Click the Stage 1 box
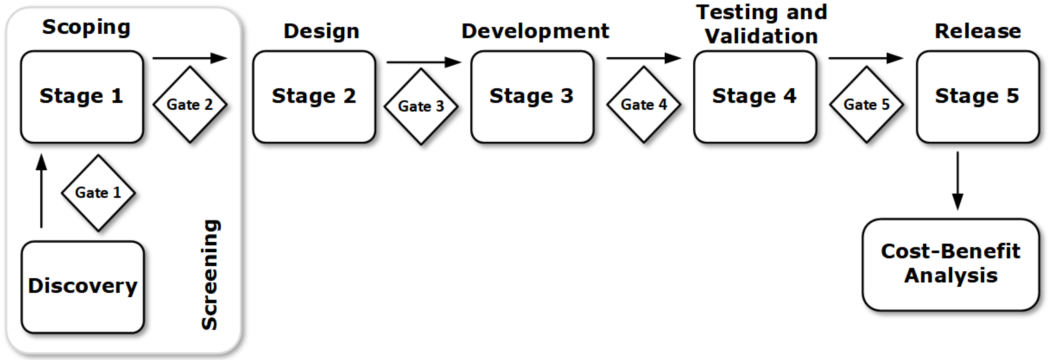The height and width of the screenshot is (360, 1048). click(82, 97)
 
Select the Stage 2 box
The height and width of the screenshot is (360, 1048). click(314, 97)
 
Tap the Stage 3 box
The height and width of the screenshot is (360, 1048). click(532, 97)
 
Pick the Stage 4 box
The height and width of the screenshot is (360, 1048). click(755, 97)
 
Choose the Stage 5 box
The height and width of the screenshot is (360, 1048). click(977, 97)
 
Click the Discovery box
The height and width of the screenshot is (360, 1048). click(83, 287)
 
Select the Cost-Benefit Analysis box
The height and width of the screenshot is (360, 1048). click(950, 264)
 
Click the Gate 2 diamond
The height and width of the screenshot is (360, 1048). click(190, 105)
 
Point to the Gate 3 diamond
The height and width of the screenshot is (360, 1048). click(421, 106)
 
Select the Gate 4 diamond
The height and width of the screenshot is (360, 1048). click(644, 105)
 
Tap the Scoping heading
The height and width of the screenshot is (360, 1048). click(86, 28)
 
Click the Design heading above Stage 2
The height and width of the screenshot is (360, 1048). click(321, 31)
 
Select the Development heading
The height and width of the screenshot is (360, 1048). click(535, 31)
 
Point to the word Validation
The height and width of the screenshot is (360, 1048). click(761, 36)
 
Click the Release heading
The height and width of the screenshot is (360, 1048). click(978, 31)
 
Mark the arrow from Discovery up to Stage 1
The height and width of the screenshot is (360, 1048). click(41, 191)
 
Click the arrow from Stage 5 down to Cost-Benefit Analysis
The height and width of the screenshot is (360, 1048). click(958, 181)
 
